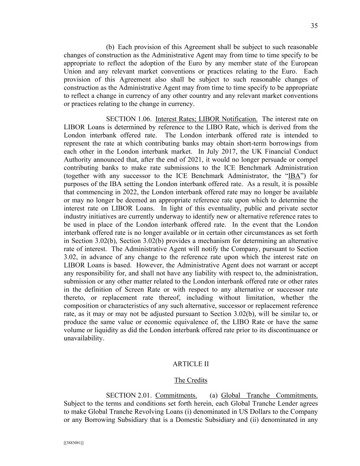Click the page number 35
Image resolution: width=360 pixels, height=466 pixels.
[314, 26]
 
